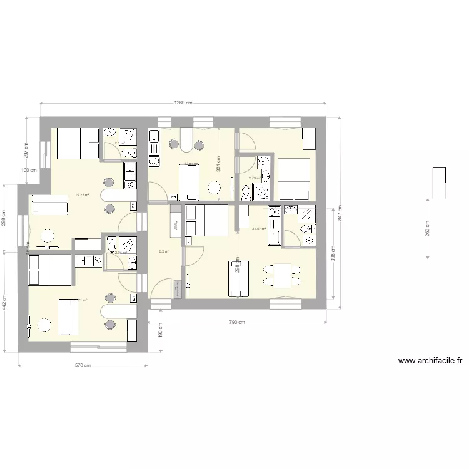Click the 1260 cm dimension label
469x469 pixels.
pyautogui.click(x=183, y=103)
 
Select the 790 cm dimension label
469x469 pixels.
pyautogui.click(x=237, y=323)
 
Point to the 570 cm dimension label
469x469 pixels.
pyautogui.click(x=83, y=366)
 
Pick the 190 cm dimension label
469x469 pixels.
pyautogui.click(x=160, y=329)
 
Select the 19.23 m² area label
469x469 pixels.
pyautogui.click(x=81, y=195)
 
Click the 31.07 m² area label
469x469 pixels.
pyautogui.click(x=259, y=229)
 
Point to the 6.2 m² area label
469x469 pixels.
pyautogui.click(x=164, y=252)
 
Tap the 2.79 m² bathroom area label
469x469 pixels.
pyautogui.click(x=255, y=178)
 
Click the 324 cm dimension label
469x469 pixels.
pyautogui.click(x=219, y=164)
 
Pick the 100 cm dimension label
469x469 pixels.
pyautogui.click(x=29, y=170)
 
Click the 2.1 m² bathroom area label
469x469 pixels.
pyautogui.click(x=119, y=143)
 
